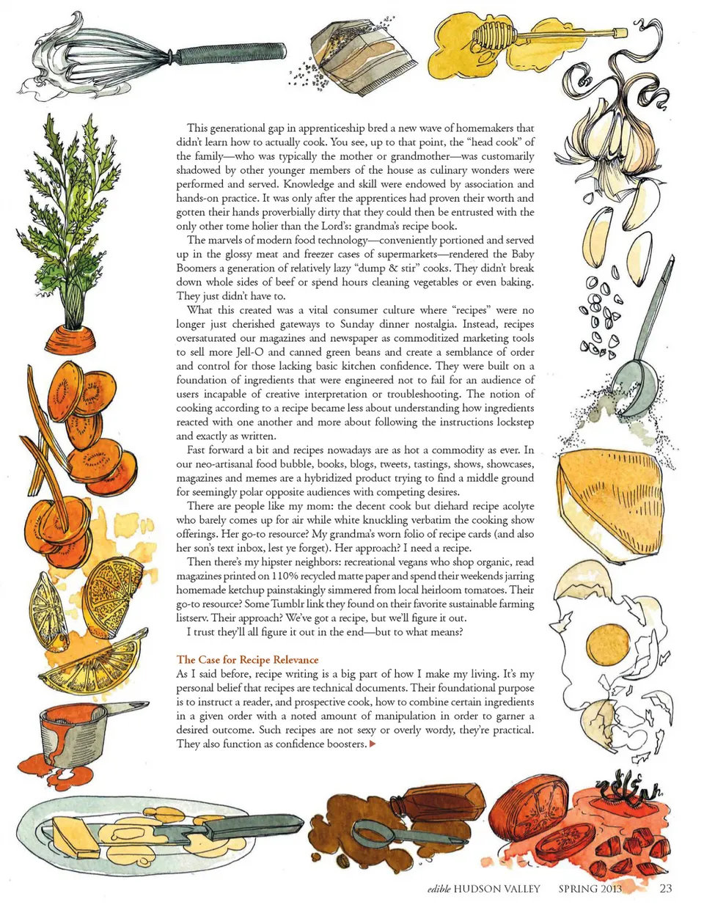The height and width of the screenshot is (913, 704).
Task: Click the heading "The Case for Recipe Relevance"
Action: pos(247,660)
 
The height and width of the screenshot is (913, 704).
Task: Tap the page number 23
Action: pos(666,889)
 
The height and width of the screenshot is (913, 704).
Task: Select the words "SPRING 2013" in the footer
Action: pos(590,889)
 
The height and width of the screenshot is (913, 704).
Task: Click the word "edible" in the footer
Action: pos(439,889)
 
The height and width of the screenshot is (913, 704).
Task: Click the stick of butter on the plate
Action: pos(76,836)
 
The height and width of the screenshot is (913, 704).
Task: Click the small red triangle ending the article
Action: pos(372,744)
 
